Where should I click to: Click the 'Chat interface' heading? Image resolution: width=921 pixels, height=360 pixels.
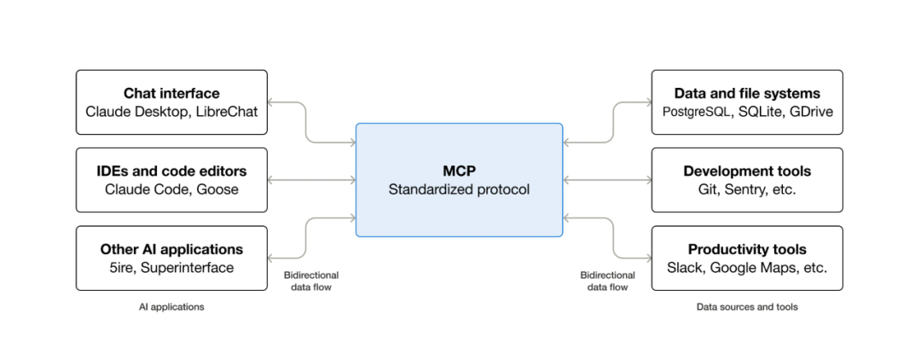click(171, 93)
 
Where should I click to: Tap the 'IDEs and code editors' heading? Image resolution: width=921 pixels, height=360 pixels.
click(171, 171)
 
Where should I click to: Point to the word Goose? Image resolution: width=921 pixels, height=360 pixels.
click(217, 189)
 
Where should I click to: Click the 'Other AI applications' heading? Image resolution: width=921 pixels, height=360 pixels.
click(171, 250)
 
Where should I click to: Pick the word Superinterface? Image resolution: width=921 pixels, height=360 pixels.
click(188, 268)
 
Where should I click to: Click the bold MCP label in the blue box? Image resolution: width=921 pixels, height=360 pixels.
click(460, 171)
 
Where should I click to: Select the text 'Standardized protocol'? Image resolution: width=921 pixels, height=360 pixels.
click(460, 189)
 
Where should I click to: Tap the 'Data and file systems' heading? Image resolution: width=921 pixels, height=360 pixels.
click(747, 93)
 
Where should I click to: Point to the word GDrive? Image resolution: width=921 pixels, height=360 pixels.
click(811, 112)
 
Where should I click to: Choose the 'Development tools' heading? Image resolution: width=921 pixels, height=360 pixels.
click(747, 171)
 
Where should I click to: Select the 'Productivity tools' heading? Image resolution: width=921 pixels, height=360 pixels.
click(747, 250)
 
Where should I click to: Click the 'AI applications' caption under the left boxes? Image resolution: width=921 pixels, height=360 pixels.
click(171, 306)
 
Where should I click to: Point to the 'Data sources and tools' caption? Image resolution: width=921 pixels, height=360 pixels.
click(747, 306)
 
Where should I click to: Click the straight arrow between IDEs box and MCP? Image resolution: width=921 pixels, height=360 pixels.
click(312, 180)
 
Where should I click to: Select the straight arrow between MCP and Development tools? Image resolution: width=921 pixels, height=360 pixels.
click(607, 180)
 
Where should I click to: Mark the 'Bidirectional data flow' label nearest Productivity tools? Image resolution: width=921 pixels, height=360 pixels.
click(607, 282)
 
